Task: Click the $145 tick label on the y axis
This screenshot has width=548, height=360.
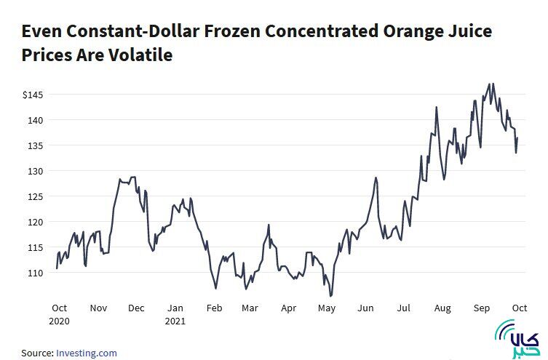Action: (33, 95)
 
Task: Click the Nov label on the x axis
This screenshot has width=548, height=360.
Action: (98, 308)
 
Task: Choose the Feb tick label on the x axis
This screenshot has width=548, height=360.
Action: (214, 308)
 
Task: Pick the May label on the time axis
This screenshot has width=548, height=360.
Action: (327, 308)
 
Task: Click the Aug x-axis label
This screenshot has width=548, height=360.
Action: (442, 308)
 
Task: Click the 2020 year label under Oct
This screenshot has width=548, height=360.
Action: (60, 320)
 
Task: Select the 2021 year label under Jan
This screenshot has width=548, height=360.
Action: (175, 320)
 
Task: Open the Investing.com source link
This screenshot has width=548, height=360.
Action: (87, 353)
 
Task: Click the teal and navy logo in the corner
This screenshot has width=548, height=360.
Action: (517, 340)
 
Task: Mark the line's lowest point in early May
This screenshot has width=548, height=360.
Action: (331, 296)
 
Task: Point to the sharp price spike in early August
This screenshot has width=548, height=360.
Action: (436, 107)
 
